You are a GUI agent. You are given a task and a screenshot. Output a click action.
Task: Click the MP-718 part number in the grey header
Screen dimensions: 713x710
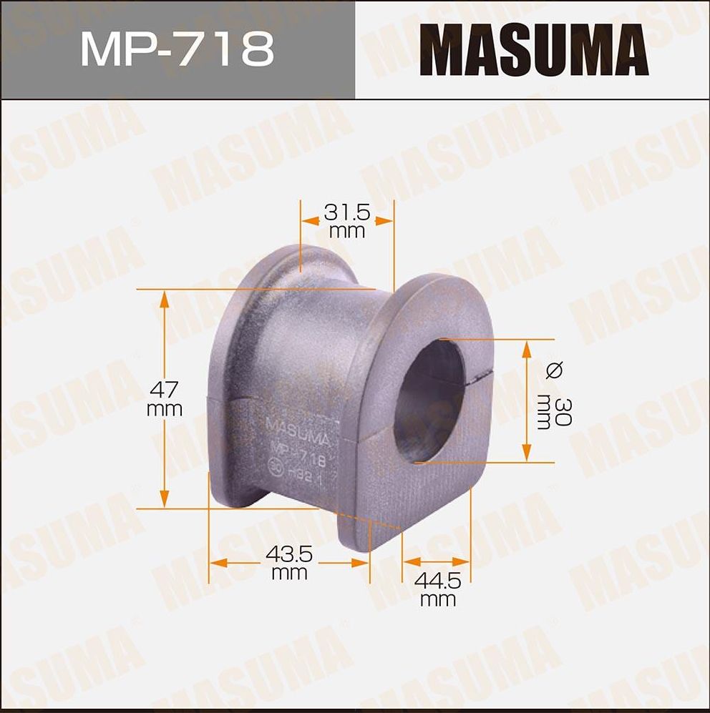177,49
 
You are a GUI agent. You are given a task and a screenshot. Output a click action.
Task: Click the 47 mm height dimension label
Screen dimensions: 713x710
165,399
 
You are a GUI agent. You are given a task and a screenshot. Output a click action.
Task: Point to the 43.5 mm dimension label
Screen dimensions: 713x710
289,562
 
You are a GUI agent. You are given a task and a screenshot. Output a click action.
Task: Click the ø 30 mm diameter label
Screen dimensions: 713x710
555,400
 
